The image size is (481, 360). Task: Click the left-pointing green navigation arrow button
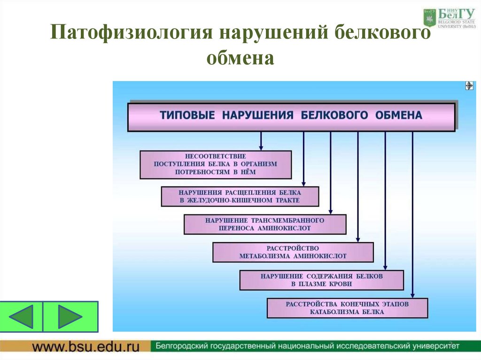[x=22, y=316]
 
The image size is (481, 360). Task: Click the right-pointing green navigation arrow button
[x=70, y=316]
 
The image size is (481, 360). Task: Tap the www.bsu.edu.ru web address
[x=86, y=347]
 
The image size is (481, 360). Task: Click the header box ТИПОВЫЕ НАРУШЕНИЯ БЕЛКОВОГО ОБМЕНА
[x=291, y=116]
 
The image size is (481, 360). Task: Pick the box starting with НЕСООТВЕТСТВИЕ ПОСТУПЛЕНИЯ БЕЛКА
[x=216, y=164]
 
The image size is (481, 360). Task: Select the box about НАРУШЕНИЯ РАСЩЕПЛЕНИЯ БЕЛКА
[x=240, y=196]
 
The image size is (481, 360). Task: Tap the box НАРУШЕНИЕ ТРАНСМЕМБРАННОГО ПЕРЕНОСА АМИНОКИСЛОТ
[x=265, y=224]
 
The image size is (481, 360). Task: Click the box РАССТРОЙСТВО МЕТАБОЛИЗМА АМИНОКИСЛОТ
[x=293, y=252]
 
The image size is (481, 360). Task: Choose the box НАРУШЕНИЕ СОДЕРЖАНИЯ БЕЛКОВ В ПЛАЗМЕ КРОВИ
[x=322, y=280]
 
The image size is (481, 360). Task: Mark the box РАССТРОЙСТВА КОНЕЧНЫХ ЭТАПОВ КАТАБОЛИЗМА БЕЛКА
[x=347, y=308]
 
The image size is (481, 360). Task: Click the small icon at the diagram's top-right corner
[x=469, y=85]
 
